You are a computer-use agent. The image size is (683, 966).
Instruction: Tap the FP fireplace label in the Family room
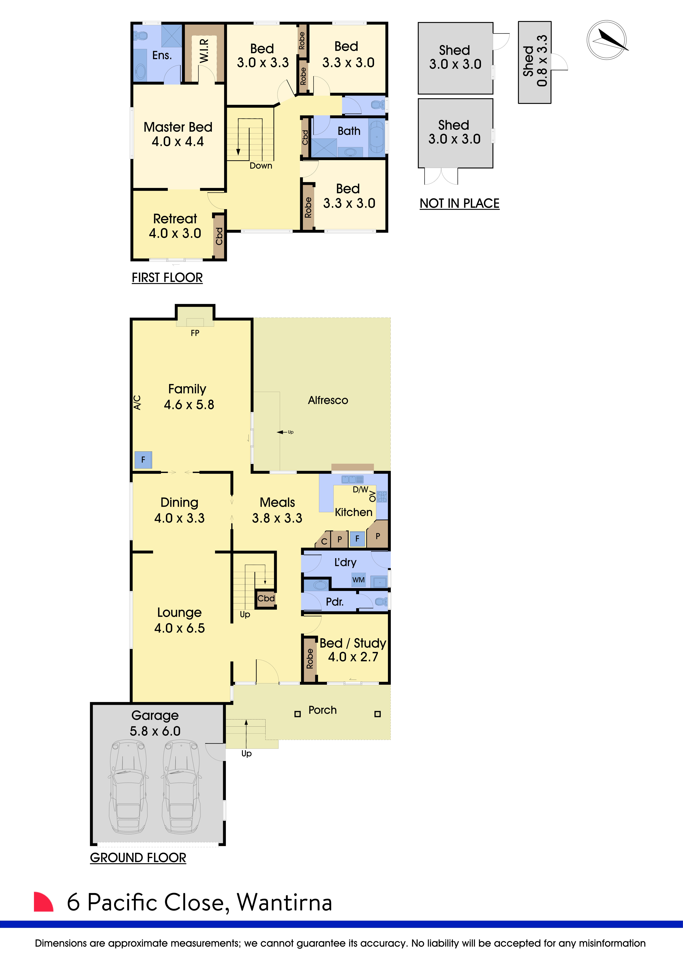click(x=195, y=333)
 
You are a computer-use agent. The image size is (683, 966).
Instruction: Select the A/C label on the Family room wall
click(x=137, y=403)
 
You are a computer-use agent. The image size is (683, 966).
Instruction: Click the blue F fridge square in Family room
click(x=143, y=460)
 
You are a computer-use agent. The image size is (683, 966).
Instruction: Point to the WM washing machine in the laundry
click(x=358, y=580)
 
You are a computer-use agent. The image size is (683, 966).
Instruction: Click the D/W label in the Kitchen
click(x=360, y=489)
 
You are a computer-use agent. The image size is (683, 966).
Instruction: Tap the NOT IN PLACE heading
click(x=459, y=204)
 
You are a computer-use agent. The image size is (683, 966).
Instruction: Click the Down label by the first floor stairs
click(x=261, y=166)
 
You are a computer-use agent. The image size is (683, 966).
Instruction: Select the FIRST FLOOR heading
click(x=167, y=278)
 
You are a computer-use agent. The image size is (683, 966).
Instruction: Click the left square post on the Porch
click(x=297, y=714)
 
